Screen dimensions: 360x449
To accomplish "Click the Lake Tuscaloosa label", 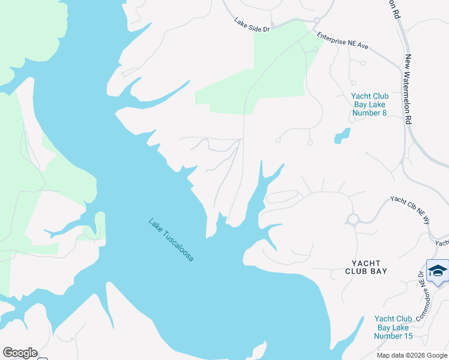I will coord(175,239).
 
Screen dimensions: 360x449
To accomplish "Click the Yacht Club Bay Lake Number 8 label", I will coord(370,104).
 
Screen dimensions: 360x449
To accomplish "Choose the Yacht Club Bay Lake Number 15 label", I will coord(393,327).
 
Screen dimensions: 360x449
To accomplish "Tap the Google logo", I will coord(20,353).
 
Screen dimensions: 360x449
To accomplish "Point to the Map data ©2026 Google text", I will coord(411,355).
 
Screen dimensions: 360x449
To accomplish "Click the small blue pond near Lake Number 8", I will coord(342,136).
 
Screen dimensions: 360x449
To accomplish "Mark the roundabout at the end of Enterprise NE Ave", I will coord(316,22).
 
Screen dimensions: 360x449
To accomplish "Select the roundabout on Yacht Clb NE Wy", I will coord(352,219).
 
